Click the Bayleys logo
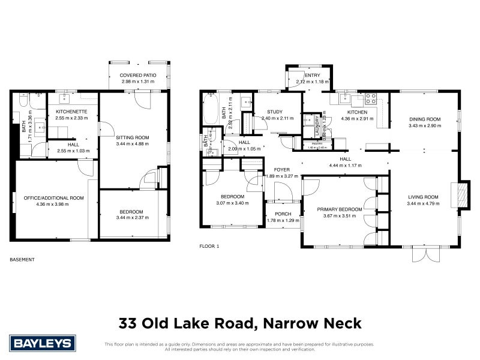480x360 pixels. (x=43, y=344)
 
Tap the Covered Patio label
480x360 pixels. (x=138, y=76)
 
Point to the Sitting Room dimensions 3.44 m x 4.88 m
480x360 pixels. (x=132, y=144)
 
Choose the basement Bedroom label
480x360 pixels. (x=131, y=211)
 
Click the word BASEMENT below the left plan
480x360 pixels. (x=22, y=260)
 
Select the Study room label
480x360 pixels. (x=275, y=112)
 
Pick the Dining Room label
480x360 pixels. (x=424, y=119)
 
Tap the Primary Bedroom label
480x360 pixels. (x=340, y=209)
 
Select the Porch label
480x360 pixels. (x=283, y=214)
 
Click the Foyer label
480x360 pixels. (x=282, y=170)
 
